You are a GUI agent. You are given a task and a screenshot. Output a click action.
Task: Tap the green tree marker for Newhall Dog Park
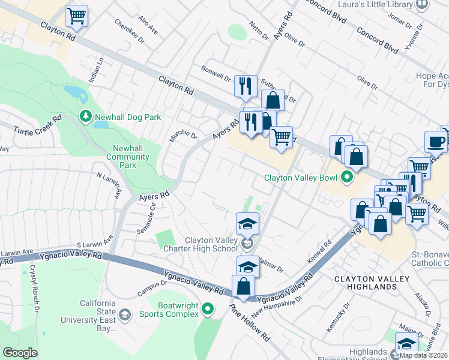[x=86, y=117]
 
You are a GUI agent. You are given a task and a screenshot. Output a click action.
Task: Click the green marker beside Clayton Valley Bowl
[x=346, y=178]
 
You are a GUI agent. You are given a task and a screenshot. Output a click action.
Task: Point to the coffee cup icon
[x=436, y=142]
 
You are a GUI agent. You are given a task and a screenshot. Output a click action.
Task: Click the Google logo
[x=20, y=353]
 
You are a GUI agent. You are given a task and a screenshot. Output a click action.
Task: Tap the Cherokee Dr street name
[x=133, y=33]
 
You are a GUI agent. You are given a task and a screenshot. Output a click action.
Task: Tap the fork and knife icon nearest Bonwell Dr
[x=245, y=86]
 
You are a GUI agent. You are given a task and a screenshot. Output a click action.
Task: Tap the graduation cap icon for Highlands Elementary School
[x=406, y=345]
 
